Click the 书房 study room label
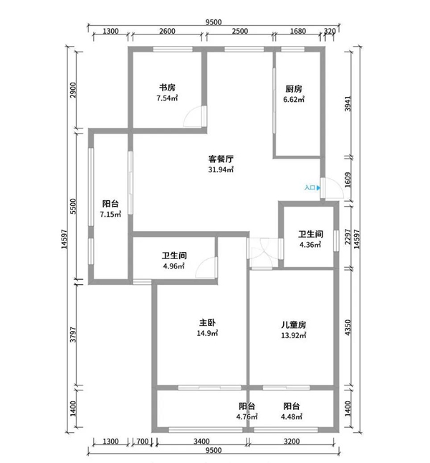(167, 88)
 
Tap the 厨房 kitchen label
(294, 88)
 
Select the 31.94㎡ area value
(221, 169)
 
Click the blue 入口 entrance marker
(312, 187)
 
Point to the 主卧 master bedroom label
(208, 322)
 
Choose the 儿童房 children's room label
(294, 324)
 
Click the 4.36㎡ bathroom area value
(310, 245)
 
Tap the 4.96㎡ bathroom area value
(174, 266)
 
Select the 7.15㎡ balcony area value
(110, 215)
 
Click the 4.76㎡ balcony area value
(247, 416)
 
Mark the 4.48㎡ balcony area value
(292, 416)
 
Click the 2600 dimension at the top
(167, 31)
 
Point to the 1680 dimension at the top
(298, 31)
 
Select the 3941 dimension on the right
(348, 103)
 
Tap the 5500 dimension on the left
(73, 207)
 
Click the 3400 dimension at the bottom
(201, 441)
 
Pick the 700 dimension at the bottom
(143, 441)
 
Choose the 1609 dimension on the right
(348, 179)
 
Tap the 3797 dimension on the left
(73, 335)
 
